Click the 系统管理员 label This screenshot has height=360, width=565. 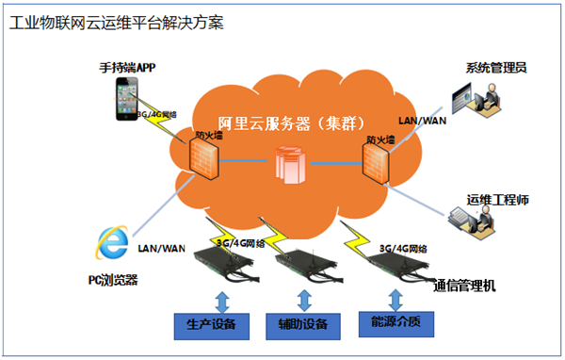pyautogui.click(x=495, y=68)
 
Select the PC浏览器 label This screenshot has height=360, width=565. pyautogui.click(x=110, y=280)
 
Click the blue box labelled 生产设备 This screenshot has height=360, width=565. pyautogui.click(x=212, y=325)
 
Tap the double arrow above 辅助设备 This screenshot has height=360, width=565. pyautogui.click(x=304, y=300)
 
